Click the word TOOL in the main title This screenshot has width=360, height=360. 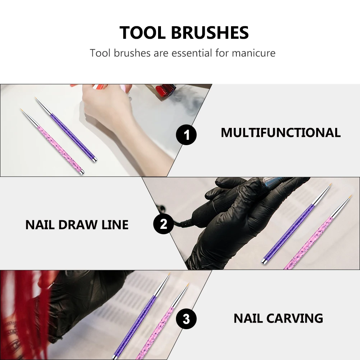pyautogui.click(x=143, y=33)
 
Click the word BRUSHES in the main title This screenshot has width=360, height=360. pyautogui.click(x=210, y=33)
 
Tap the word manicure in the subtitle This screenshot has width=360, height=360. pyautogui.click(x=254, y=53)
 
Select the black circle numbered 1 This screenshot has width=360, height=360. pyautogui.click(x=186, y=135)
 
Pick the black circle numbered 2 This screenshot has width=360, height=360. pyautogui.click(x=163, y=224)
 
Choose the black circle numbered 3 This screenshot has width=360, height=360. pyautogui.click(x=186, y=318)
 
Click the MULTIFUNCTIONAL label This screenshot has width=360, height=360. pyautogui.click(x=281, y=133)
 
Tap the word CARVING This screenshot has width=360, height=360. pyautogui.click(x=295, y=318)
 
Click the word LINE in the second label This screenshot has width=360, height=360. pyautogui.click(x=115, y=225)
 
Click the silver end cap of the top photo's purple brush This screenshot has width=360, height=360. pyautogui.click(x=93, y=159)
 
